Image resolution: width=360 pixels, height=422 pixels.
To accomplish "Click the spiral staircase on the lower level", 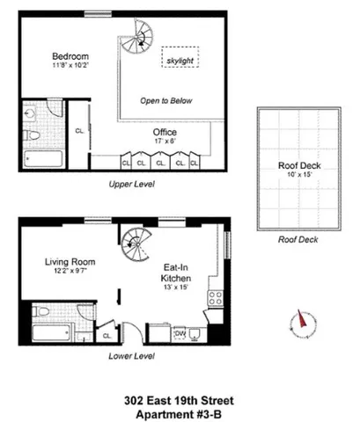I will pos(136,237).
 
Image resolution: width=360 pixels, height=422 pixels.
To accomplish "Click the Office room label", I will pos(165,133).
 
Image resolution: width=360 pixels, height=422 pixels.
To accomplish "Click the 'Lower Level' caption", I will pos(131,356).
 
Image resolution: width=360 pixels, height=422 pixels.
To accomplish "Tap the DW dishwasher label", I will pos(178,333).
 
